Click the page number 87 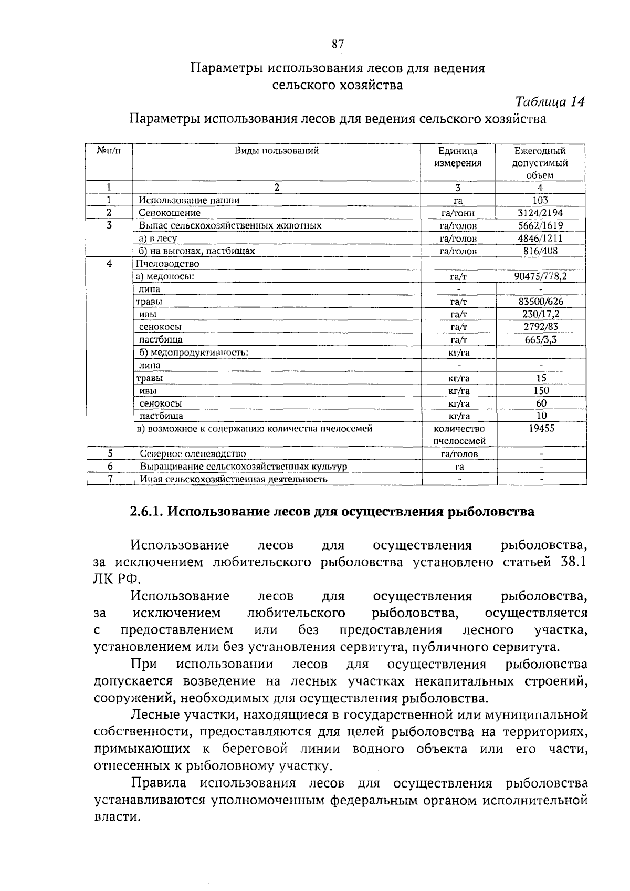(338, 45)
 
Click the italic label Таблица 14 (550, 101)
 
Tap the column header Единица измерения (458, 157)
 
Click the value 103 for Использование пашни (540, 200)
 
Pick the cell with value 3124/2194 (540, 213)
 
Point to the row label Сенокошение (170, 213)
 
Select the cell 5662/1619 (540, 225)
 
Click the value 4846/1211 (540, 238)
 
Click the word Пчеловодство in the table (167, 264)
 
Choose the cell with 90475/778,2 (540, 276)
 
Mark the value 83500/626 (540, 302)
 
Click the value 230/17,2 (541, 314)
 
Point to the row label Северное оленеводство (193, 454)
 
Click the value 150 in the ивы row (541, 390)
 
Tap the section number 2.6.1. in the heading (146, 512)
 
